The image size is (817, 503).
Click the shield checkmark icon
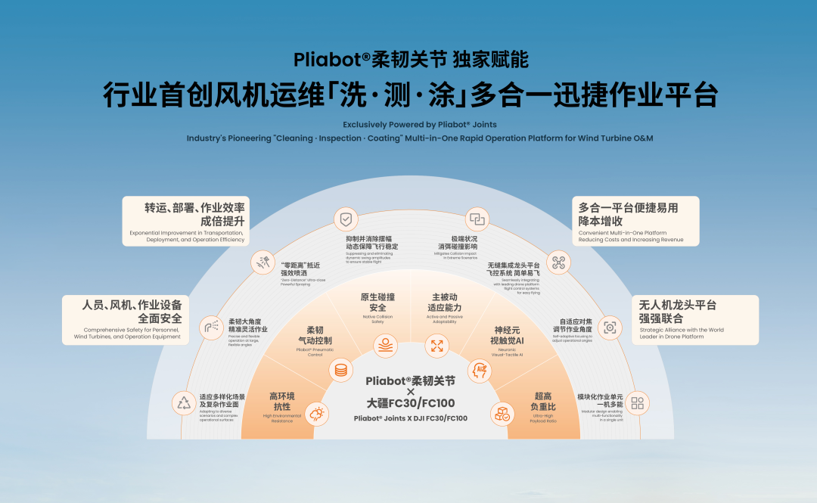tap(346, 219)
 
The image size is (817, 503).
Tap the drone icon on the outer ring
tap(558, 262)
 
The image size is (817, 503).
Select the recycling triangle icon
tap(185, 402)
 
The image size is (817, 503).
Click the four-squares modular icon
tap(638, 402)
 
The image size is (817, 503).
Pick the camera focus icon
tap(609, 328)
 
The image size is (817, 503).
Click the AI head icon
tap(480, 370)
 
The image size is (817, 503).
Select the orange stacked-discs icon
tap(341, 371)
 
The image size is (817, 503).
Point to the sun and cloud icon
tap(316, 413)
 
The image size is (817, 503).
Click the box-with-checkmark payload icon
tap(503, 413)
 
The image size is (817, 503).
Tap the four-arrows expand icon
tap(437, 346)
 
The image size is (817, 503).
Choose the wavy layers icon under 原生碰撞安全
tap(385, 346)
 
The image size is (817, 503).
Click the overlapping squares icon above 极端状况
tap(477, 219)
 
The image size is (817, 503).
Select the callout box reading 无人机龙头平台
tap(694, 319)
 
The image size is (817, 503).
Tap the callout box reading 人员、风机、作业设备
tap(126, 319)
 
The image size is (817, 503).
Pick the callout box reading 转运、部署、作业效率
tap(186, 221)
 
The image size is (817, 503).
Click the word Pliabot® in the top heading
tap(322, 60)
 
